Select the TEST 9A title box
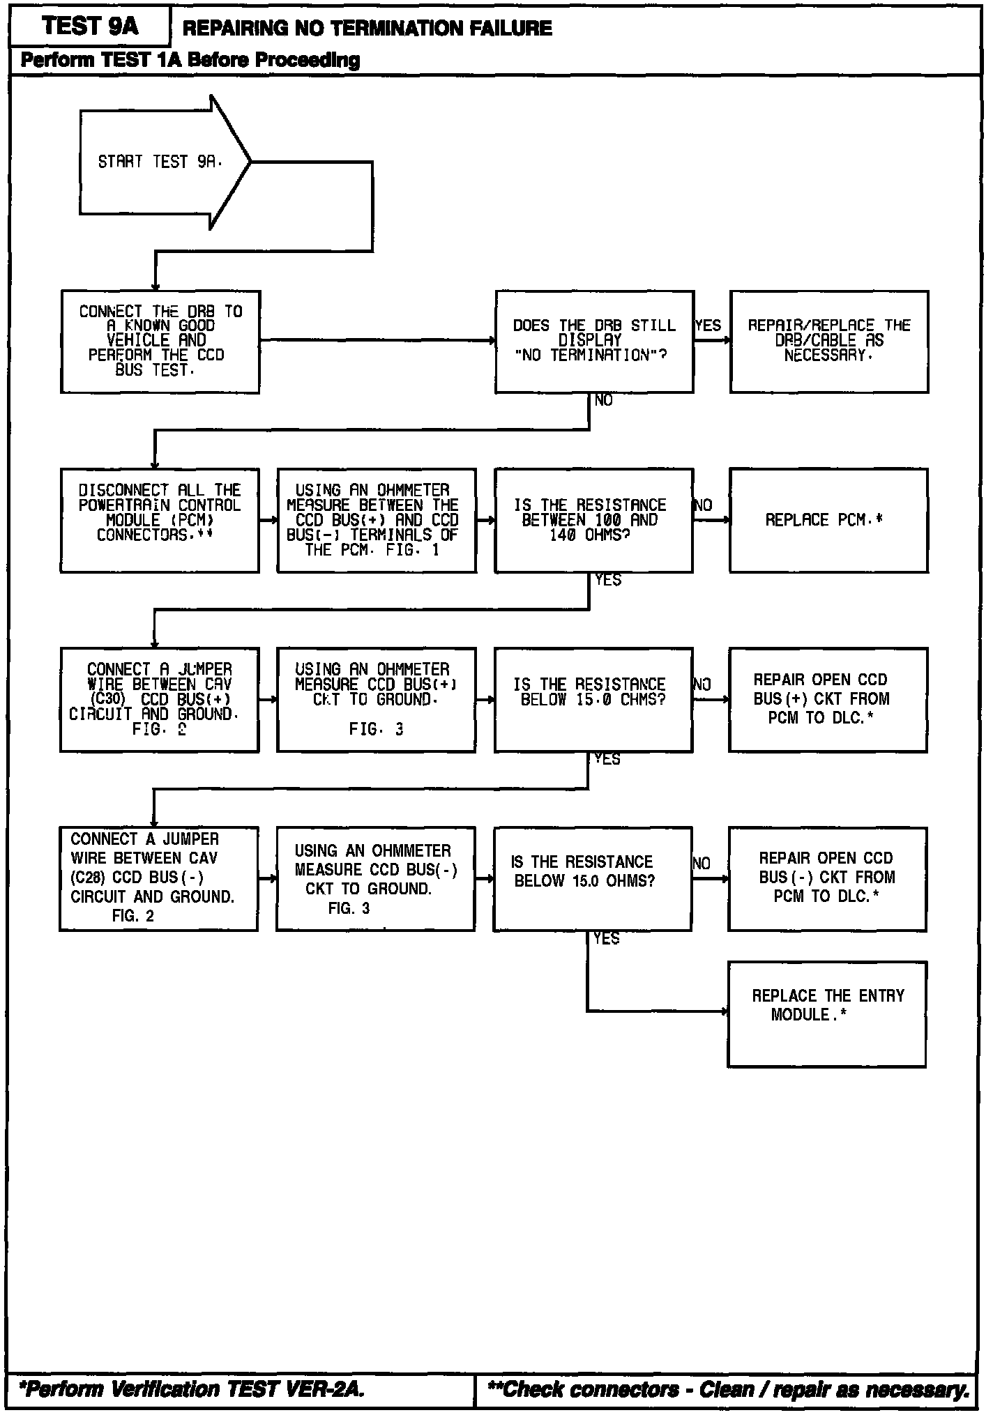pos(90,27)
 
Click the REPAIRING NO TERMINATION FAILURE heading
pos(367,29)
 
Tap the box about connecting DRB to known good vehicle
pos(160,342)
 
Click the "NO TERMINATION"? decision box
pos(594,342)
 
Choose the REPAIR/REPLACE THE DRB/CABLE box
pos(829,342)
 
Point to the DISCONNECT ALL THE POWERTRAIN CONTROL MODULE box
pos(160,520)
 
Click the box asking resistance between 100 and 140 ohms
pos(594,520)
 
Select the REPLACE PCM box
pos(828,520)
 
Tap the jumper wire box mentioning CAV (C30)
pos(160,699)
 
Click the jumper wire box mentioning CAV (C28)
pos(158,878)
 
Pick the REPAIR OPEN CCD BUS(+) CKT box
pos(828,699)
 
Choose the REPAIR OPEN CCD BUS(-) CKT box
pos(827,878)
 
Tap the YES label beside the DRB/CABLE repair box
pos(708,326)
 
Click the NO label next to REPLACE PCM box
pos(704,505)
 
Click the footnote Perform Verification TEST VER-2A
pos(192,1389)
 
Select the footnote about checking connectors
pos(728,1389)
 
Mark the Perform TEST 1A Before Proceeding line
pos(190,60)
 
